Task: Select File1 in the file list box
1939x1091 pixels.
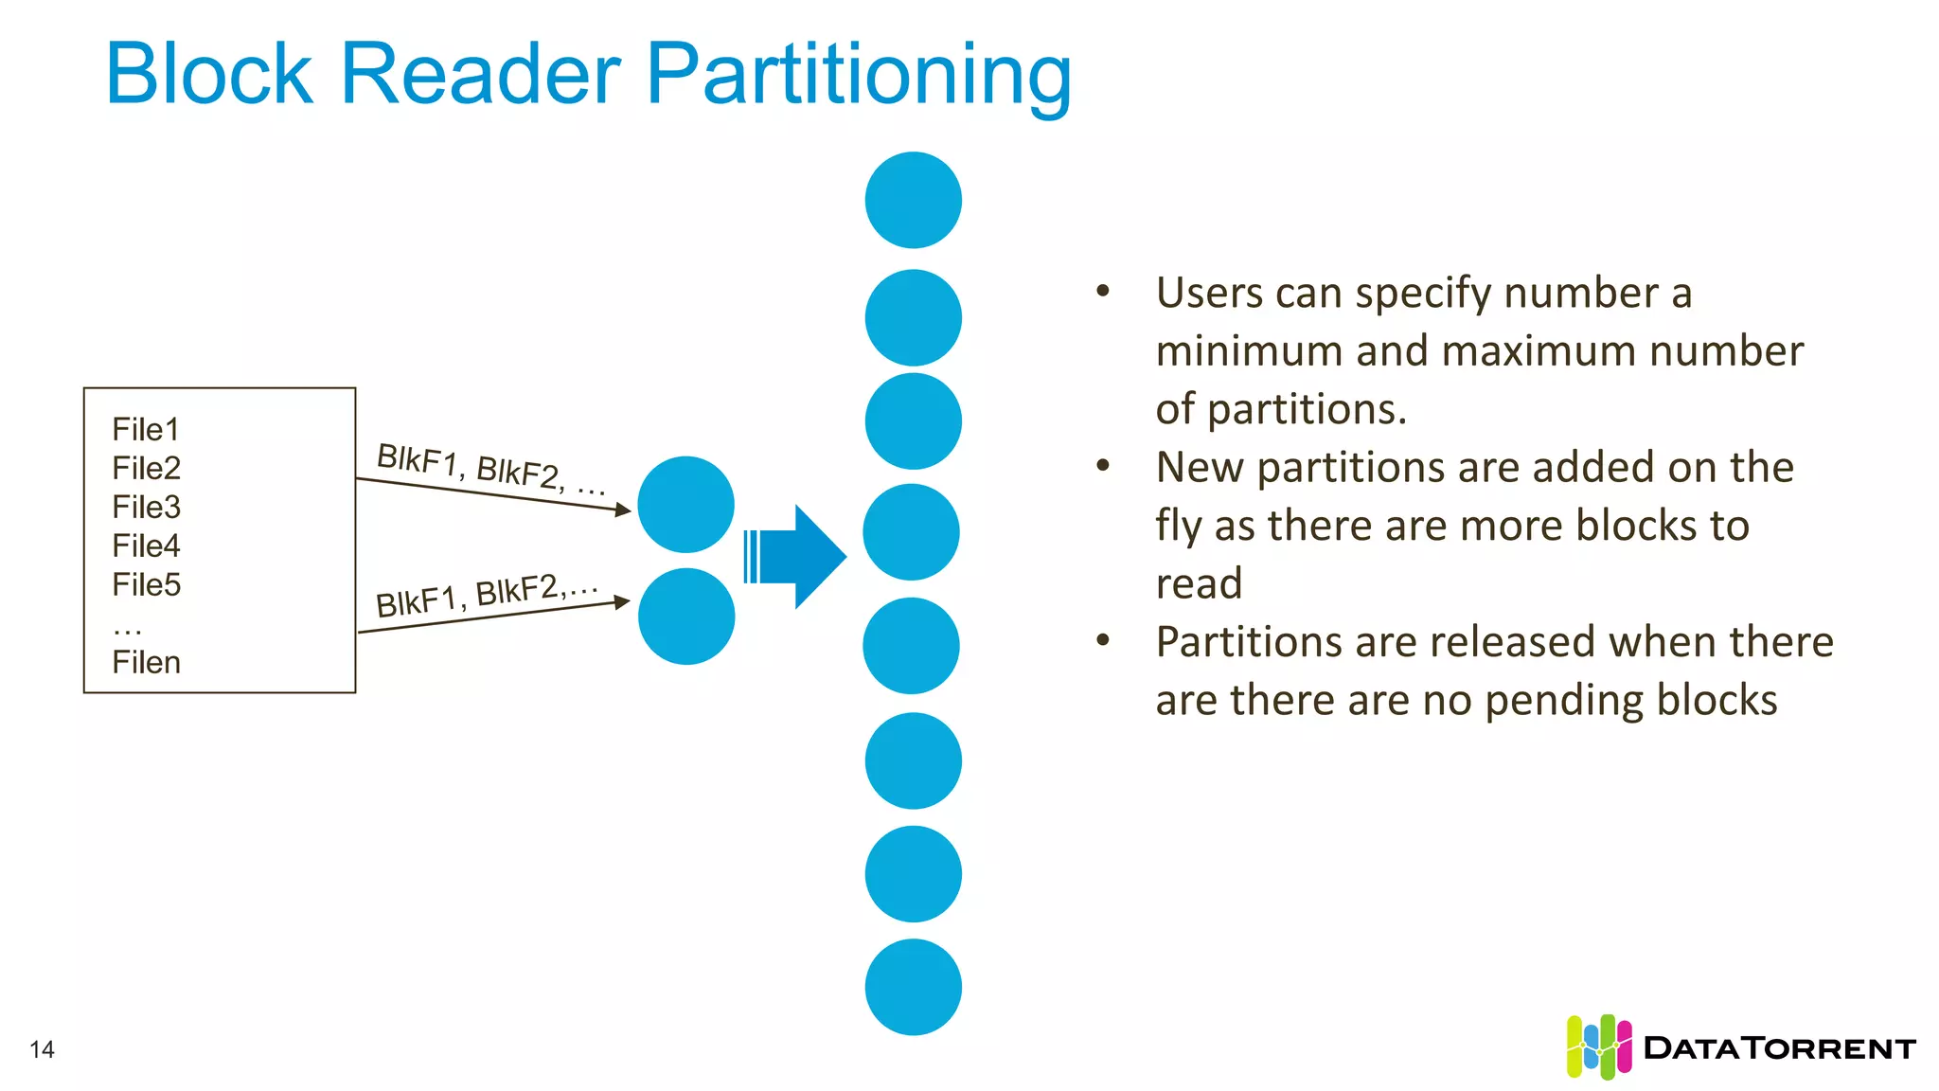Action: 146,430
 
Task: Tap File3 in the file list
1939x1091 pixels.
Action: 146,508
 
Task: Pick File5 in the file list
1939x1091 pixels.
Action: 146,585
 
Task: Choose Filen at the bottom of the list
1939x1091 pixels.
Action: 146,663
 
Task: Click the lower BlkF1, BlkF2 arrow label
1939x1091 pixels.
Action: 487,596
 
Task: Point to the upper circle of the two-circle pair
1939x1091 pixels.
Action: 685,505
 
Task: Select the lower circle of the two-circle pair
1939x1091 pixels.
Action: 686,617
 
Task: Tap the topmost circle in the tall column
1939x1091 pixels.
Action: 914,200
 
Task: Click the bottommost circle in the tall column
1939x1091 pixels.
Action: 914,987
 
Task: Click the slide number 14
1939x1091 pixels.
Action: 42,1049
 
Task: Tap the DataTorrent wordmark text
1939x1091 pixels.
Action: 1780,1048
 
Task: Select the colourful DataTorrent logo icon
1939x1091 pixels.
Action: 1599,1046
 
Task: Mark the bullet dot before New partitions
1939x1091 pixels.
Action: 1103,465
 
